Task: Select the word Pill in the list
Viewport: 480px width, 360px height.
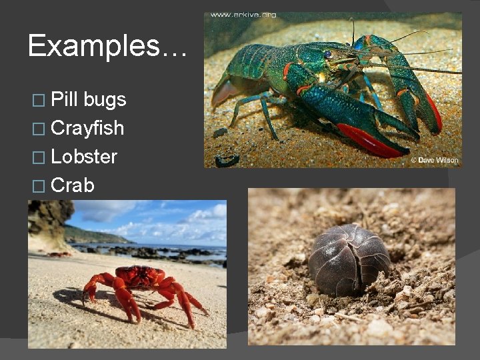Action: pos(65,99)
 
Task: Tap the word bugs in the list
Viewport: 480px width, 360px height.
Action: pos(105,101)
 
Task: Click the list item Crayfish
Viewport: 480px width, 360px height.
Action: pos(87,128)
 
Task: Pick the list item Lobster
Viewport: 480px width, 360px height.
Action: pos(84,157)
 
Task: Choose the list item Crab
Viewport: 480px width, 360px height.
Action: pos(73,185)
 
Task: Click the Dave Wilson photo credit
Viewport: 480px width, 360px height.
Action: pos(434,160)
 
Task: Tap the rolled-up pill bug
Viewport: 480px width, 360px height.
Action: pos(350,259)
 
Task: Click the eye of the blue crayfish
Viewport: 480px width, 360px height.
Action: pos(328,54)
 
